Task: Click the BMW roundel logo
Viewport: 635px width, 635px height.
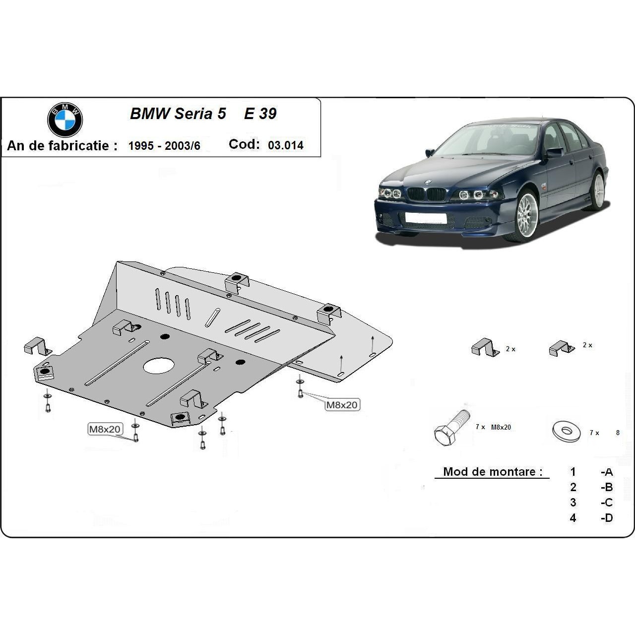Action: (x=65, y=120)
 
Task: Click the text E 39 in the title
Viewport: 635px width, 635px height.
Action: (x=260, y=114)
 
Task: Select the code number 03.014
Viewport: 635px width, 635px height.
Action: (x=285, y=145)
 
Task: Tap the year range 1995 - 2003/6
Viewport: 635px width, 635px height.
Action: (x=164, y=146)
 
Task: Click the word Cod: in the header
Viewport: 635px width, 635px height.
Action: (x=244, y=144)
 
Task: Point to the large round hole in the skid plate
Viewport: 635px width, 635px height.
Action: (x=159, y=366)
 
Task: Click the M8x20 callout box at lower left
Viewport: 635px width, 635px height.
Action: (x=105, y=429)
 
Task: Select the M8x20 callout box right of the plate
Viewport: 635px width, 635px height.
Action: (x=342, y=405)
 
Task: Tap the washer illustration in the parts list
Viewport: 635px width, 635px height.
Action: (x=566, y=431)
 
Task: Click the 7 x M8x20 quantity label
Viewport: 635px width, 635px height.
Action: (x=493, y=427)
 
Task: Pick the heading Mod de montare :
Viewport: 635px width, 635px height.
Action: (x=492, y=472)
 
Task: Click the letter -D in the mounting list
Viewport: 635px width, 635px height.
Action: (x=607, y=518)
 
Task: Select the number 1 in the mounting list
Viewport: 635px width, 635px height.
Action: (x=573, y=472)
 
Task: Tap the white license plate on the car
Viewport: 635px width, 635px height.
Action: (x=426, y=218)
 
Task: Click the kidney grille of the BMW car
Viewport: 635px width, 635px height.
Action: (x=427, y=194)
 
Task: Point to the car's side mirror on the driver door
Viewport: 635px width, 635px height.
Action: (x=555, y=152)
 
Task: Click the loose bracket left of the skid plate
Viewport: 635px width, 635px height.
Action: (x=38, y=346)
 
